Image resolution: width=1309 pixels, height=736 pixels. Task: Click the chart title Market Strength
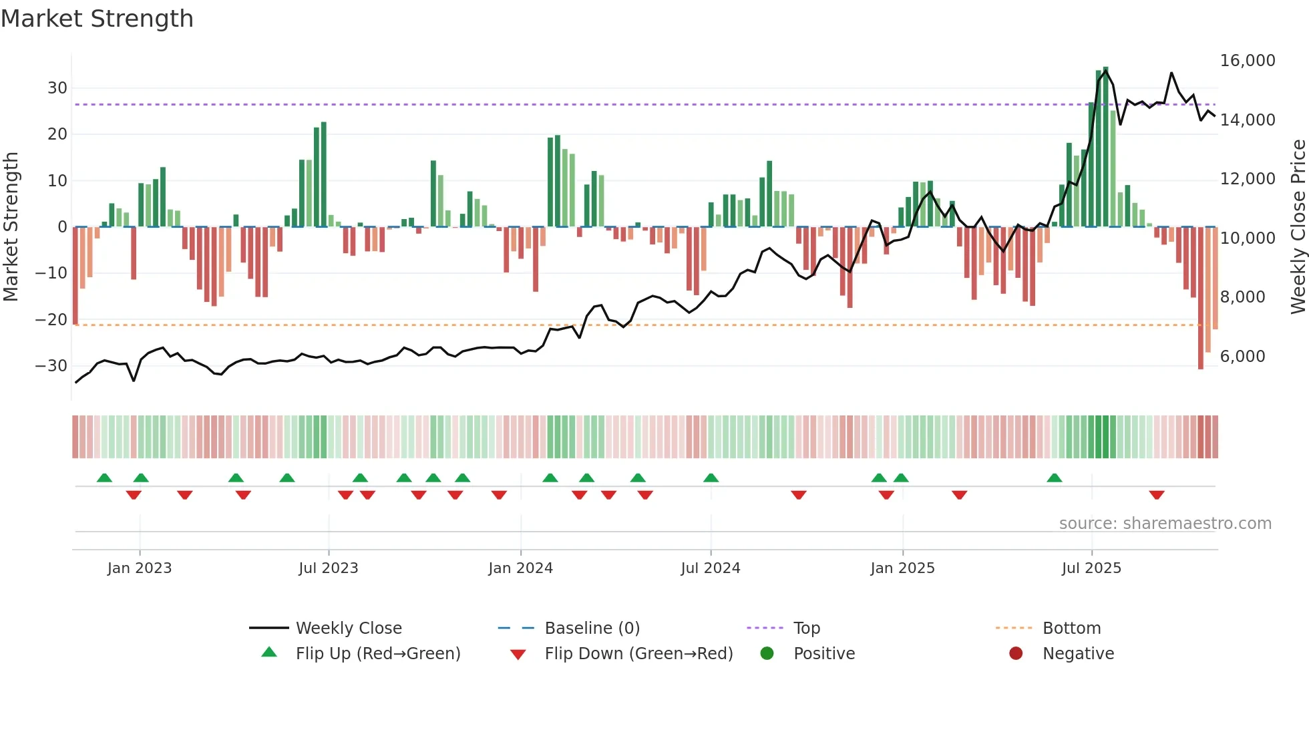point(97,19)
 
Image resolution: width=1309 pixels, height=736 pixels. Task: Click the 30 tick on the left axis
point(57,88)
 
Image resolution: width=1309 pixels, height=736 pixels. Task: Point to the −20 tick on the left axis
point(51,320)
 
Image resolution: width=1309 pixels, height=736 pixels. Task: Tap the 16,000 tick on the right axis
point(1247,61)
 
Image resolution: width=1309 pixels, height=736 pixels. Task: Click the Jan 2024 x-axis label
point(520,568)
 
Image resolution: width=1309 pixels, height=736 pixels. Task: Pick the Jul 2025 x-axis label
point(1091,568)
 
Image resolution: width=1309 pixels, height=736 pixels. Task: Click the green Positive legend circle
point(767,654)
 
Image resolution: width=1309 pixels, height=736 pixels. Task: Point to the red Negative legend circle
point(1016,654)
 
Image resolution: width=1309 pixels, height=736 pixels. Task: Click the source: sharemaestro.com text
point(1165,524)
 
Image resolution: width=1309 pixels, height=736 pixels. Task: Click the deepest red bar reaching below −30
point(1200,301)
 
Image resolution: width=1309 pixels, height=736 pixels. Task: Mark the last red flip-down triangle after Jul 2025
point(1157,495)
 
